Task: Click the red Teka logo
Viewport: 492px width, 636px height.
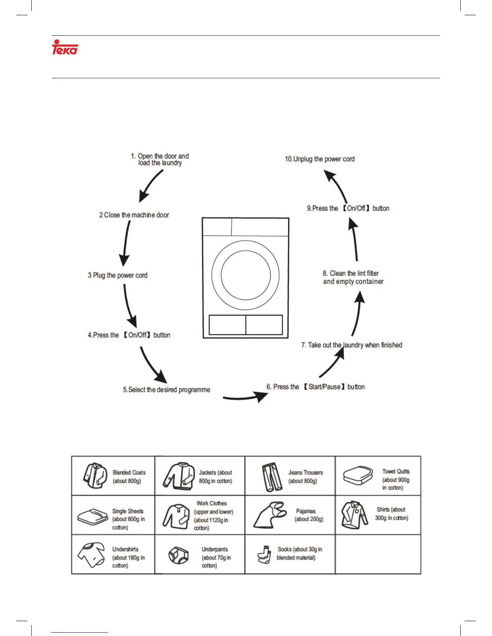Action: click(65, 47)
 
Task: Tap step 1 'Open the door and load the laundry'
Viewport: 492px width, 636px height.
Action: click(160, 159)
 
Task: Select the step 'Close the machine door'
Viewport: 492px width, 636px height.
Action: click(134, 215)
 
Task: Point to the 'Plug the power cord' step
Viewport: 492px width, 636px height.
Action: click(118, 275)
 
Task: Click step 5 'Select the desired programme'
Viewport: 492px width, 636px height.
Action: click(166, 390)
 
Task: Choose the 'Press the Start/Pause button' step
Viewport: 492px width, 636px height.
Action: click(316, 387)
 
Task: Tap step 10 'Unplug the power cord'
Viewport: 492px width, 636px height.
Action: click(320, 159)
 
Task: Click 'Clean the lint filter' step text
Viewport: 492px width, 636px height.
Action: click(351, 273)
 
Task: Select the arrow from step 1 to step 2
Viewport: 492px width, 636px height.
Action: click(151, 186)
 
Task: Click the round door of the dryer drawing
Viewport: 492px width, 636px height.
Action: click(246, 275)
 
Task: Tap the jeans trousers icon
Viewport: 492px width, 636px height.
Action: click(272, 477)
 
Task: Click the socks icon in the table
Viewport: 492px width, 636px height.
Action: click(264, 554)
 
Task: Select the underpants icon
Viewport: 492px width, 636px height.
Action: click(178, 555)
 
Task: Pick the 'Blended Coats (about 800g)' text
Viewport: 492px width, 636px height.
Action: click(129, 477)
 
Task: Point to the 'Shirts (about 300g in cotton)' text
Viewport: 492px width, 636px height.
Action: click(392, 514)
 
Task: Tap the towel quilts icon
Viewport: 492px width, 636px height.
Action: click(358, 475)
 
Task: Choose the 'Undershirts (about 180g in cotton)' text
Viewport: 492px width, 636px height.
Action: click(128, 557)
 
